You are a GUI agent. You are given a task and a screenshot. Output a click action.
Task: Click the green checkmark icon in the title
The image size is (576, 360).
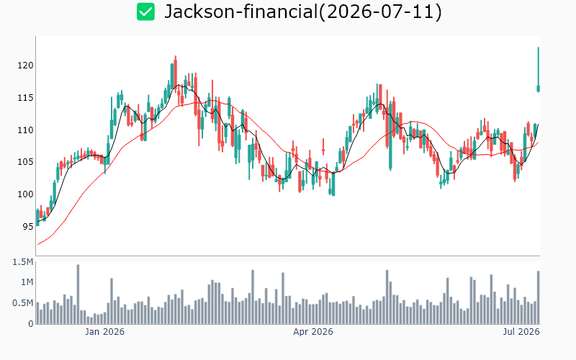(x=146, y=12)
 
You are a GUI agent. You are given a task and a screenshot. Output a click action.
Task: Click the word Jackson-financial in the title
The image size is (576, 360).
(x=241, y=12)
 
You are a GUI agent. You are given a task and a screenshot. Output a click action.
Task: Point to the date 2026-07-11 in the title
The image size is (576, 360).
(x=380, y=12)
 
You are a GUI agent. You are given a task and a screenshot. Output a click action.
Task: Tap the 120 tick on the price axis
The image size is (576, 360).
(x=25, y=66)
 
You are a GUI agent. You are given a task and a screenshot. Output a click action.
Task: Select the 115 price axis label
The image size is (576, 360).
(x=25, y=98)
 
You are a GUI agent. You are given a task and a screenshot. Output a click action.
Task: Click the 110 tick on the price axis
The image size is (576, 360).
(x=25, y=130)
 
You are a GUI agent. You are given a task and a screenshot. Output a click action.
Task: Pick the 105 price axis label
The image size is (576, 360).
(x=25, y=162)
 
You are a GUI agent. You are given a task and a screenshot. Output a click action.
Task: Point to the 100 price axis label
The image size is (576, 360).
(x=25, y=194)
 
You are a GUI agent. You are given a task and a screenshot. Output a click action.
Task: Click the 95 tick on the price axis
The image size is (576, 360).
(x=28, y=227)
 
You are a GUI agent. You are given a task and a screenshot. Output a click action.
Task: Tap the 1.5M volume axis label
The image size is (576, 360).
(x=23, y=262)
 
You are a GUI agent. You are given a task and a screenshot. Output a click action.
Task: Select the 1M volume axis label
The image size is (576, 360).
(x=27, y=282)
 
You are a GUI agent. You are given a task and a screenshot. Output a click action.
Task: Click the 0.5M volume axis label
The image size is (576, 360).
(x=23, y=303)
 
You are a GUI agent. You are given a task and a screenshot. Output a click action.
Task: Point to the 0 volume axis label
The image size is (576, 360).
(x=31, y=324)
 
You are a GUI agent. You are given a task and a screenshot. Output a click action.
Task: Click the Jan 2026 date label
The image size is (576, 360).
(x=104, y=332)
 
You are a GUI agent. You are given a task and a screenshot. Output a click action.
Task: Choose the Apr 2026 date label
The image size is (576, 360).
(x=313, y=332)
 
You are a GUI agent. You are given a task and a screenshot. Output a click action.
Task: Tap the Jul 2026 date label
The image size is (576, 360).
(x=521, y=332)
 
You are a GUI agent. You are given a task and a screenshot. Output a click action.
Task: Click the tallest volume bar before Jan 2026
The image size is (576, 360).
(x=78, y=294)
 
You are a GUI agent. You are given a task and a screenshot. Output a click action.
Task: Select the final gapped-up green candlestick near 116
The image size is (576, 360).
(x=539, y=88)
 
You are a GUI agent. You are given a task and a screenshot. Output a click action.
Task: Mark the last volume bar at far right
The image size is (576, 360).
(x=539, y=297)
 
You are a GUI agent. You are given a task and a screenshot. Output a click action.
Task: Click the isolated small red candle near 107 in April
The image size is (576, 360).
(x=323, y=150)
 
